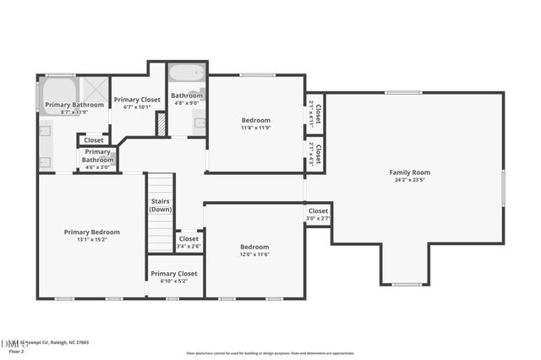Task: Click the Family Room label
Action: (409, 172)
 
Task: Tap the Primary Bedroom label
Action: (92, 232)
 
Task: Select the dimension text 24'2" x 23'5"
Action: (409, 180)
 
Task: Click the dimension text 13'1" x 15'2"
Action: (92, 239)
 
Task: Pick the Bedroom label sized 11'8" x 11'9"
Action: (255, 120)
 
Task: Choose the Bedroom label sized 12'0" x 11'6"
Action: (254, 247)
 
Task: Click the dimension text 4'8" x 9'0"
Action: (187, 104)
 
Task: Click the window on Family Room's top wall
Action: (403, 92)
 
